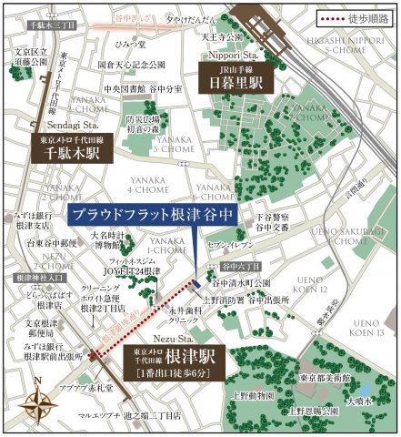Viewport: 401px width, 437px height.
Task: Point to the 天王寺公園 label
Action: [x=222, y=37]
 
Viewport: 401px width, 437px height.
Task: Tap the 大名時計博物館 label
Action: [x=112, y=239]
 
